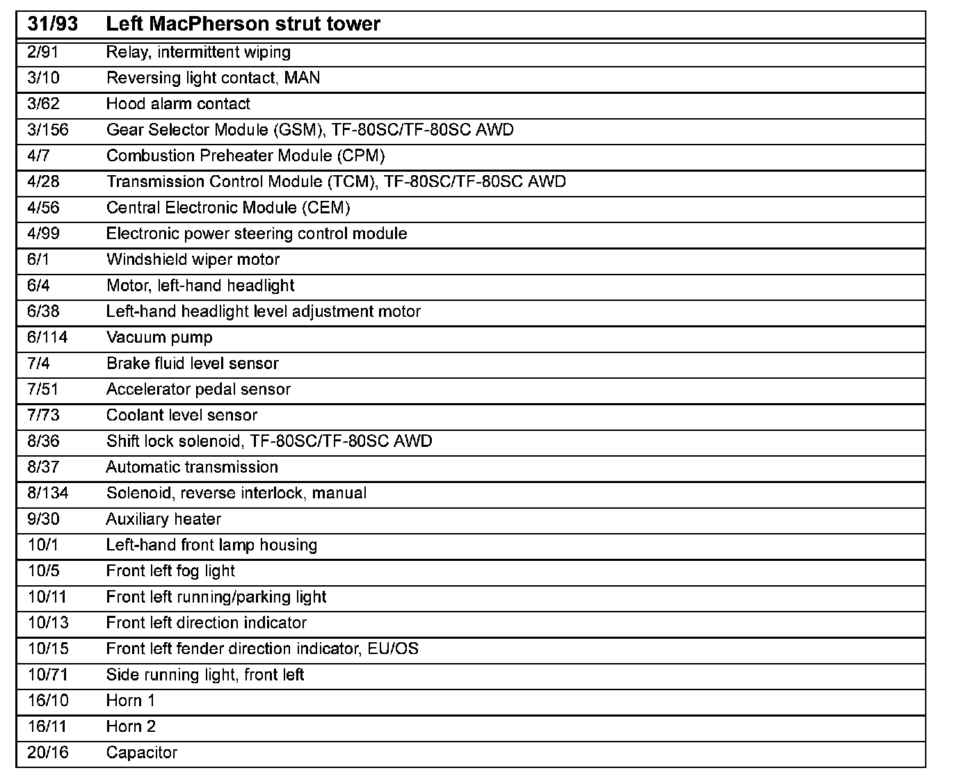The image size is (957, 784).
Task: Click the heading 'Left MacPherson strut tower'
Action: tap(243, 24)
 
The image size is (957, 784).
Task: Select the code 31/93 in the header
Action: tap(53, 24)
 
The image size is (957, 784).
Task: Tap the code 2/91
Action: tap(42, 52)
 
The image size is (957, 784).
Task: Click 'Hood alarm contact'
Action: tap(178, 104)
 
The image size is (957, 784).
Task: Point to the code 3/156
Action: tap(48, 130)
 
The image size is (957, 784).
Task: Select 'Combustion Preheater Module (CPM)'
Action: tap(246, 156)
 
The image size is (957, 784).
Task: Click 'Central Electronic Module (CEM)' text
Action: tap(228, 208)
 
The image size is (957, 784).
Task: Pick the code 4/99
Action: tap(43, 234)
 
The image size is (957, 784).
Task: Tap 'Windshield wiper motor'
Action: tap(193, 260)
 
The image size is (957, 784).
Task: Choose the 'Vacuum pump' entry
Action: tap(159, 338)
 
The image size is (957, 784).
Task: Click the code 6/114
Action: tap(47, 338)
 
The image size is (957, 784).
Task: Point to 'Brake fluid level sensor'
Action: tap(192, 364)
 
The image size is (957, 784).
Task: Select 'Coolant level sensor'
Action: tap(182, 416)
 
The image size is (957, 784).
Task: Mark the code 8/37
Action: tap(43, 467)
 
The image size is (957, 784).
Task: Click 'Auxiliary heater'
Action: tap(163, 519)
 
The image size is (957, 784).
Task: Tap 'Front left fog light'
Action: tap(170, 571)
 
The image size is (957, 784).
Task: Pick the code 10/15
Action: tap(48, 649)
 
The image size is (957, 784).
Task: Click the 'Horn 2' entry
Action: tap(131, 727)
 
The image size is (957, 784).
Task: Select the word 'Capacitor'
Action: tap(142, 753)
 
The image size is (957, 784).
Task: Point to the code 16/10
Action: tap(48, 701)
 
